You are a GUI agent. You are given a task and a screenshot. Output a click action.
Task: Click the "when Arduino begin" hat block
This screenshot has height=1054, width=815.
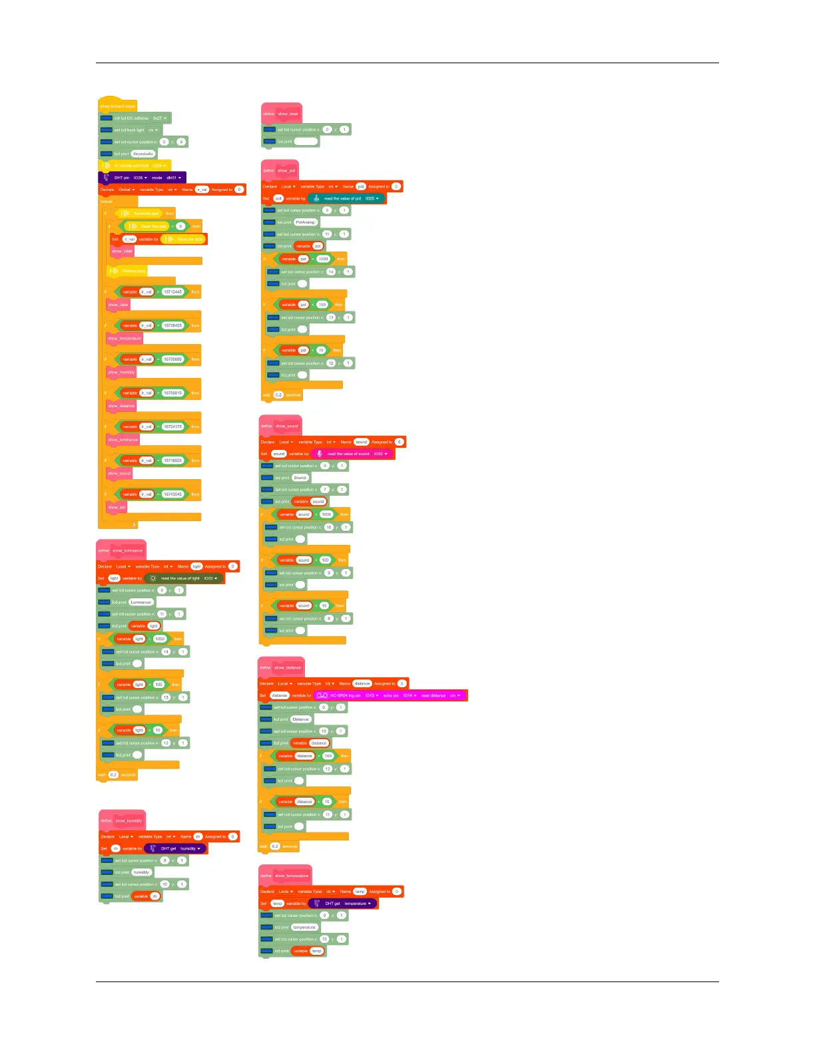[x=118, y=106]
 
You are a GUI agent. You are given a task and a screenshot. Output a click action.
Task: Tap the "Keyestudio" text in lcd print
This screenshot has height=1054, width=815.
[x=143, y=154]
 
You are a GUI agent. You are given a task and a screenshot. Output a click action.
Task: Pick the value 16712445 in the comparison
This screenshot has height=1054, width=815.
[x=172, y=291]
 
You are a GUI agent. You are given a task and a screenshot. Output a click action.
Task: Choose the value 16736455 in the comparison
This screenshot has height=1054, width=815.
[x=172, y=325]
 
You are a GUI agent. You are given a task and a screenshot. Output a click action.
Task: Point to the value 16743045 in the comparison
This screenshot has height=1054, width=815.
[x=172, y=494]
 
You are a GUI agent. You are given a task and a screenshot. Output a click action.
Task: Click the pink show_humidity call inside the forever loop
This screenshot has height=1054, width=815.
[x=121, y=372]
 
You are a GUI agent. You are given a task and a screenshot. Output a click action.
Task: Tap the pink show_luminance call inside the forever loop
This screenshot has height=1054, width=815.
[x=123, y=440]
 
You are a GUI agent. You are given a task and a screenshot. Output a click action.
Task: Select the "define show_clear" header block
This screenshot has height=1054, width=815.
[x=282, y=114]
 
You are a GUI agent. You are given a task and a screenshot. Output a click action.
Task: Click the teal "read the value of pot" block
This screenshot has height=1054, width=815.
[x=346, y=198]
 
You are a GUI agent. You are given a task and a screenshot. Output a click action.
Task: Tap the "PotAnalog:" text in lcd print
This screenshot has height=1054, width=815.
[x=305, y=222]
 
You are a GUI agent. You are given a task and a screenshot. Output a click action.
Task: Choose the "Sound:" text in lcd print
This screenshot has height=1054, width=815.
[x=300, y=478]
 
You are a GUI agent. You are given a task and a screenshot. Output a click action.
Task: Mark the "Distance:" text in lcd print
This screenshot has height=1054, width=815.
[x=301, y=719]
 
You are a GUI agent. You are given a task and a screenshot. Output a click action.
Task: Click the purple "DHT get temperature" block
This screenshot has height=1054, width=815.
[x=343, y=904]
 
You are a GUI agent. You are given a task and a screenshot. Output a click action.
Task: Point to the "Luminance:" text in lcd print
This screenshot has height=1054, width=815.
[x=141, y=602]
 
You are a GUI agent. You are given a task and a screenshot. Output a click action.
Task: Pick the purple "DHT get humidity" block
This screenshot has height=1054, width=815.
[x=175, y=848]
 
